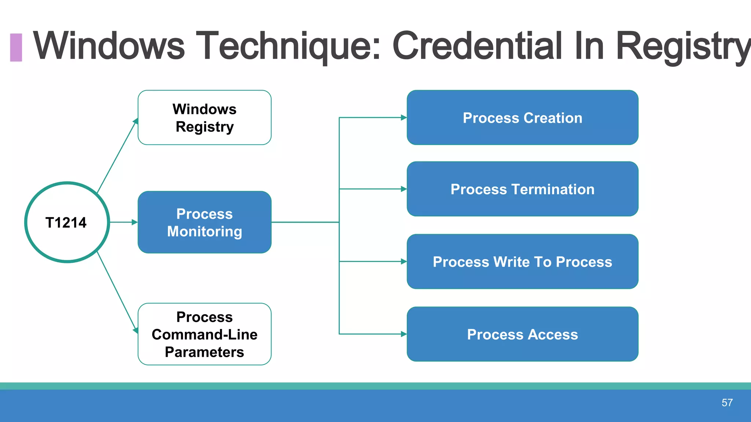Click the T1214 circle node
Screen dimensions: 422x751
[x=67, y=222]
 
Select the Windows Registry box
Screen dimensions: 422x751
[x=204, y=118]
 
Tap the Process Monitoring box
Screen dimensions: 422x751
[x=204, y=222]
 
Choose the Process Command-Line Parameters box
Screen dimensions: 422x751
[x=204, y=334]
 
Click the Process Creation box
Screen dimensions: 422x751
[x=522, y=118]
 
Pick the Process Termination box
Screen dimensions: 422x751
[x=522, y=189]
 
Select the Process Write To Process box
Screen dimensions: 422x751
[x=522, y=262]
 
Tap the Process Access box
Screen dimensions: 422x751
[x=522, y=334]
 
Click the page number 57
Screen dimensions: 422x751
[x=727, y=403]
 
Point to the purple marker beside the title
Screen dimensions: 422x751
[x=16, y=47]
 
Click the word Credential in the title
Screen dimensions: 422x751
[x=477, y=46]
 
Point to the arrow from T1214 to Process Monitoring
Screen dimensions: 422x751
[x=123, y=222]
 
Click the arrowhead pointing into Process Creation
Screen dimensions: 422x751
[x=403, y=118]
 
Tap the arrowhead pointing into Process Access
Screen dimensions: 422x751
[x=403, y=334]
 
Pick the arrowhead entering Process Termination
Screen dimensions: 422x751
[x=403, y=189]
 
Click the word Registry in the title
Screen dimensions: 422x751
[x=682, y=46]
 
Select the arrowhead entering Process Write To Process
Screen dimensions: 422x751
[x=403, y=262]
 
